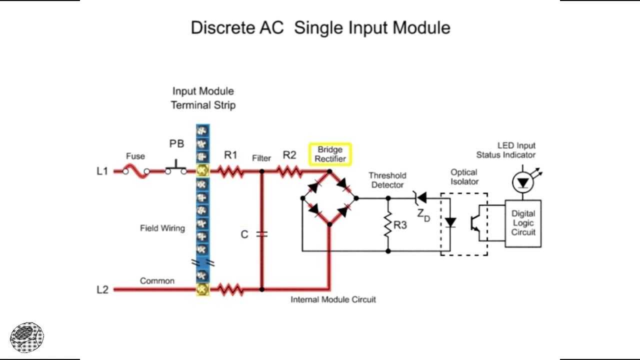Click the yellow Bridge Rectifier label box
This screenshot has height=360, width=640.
[330, 154]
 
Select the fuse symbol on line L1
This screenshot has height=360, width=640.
[136, 172]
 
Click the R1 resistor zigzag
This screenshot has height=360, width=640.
[230, 171]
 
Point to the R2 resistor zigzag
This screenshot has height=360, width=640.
[289, 171]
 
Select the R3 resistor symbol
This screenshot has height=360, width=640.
[388, 225]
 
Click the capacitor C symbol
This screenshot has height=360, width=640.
[261, 234]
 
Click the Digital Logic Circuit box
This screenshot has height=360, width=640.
[523, 223]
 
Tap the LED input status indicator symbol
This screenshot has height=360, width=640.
[523, 183]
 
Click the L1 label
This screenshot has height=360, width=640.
[102, 171]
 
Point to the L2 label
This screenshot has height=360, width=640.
[102, 290]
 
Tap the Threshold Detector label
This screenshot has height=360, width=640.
[387, 180]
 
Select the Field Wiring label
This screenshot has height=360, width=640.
[162, 228]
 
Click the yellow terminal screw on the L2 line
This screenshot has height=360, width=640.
[202, 289]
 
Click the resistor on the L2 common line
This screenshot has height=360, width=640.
[230, 289]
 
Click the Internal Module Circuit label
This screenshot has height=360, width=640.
[333, 299]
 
